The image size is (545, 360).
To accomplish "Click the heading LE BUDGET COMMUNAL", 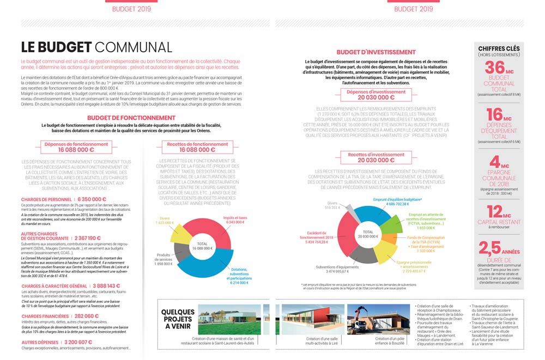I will (96, 47).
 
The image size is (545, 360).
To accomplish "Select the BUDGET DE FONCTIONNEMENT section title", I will (131, 117).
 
